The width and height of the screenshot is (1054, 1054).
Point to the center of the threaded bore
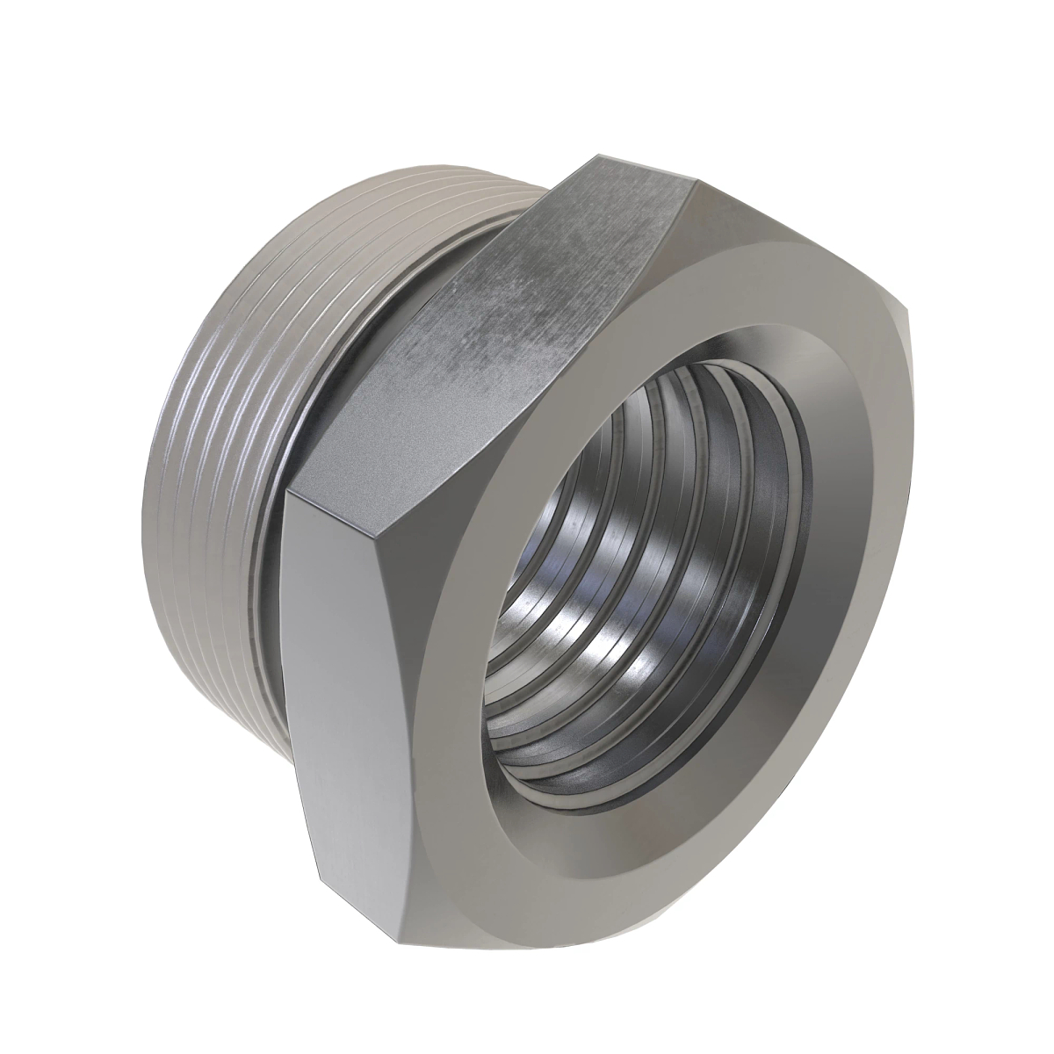pos(650,580)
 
